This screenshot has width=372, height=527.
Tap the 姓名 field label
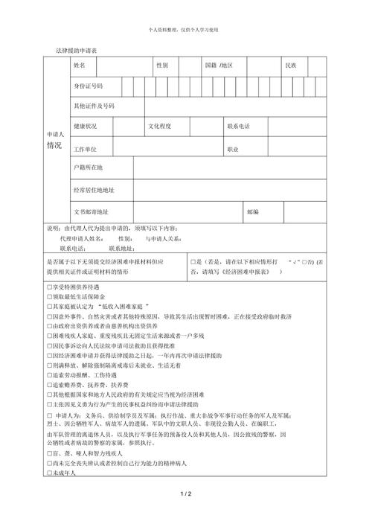(x=80, y=66)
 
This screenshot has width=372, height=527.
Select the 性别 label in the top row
(x=162, y=66)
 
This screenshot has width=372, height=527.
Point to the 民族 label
(x=291, y=66)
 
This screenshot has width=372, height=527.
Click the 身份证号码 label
(x=88, y=86)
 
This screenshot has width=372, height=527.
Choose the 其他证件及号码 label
(x=94, y=106)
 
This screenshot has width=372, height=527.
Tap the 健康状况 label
(x=85, y=127)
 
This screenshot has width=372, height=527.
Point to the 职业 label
(x=232, y=149)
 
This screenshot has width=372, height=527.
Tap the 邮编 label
(x=252, y=211)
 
